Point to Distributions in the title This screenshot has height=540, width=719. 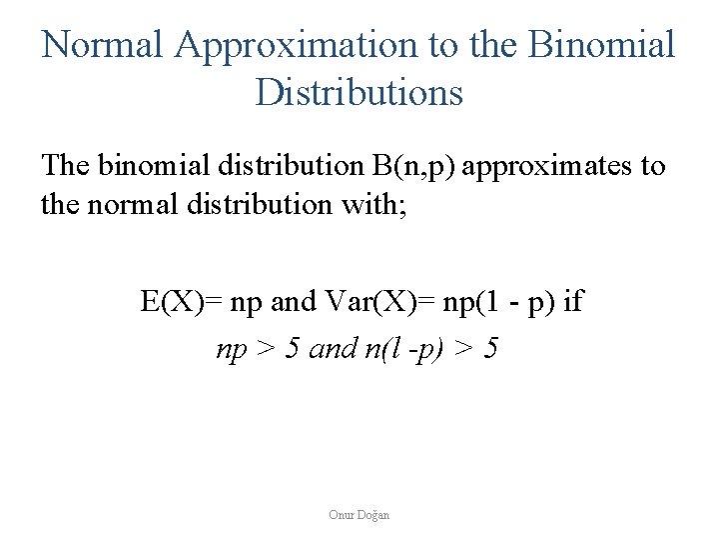tap(359, 93)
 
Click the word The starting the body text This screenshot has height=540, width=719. tap(66, 166)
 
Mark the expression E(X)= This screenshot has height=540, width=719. tap(177, 301)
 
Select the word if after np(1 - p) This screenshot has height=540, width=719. tap(573, 301)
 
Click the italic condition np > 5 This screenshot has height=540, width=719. tap(260, 349)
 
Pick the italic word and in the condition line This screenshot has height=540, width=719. tap(334, 349)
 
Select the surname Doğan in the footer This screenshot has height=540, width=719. tap(374, 515)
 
